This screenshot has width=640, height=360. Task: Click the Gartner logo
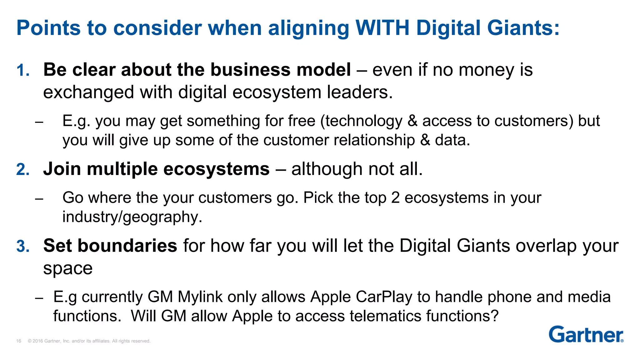point(586,335)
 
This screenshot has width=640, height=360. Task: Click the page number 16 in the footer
point(19,341)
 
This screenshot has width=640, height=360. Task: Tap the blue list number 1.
point(22,70)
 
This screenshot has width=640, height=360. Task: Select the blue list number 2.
point(23,170)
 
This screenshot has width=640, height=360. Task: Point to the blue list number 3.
point(23,246)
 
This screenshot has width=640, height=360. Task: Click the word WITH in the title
point(382,28)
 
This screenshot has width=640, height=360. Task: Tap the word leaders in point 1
point(359,92)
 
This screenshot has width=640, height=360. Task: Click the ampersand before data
point(425,140)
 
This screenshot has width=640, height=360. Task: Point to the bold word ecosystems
point(216,169)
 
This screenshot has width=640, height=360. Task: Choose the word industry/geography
point(132,217)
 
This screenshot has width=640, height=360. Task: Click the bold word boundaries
point(127,246)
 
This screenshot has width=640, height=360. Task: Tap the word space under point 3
point(68,268)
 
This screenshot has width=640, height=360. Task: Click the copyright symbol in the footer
point(30,341)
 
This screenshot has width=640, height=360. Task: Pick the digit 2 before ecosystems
point(395,198)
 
